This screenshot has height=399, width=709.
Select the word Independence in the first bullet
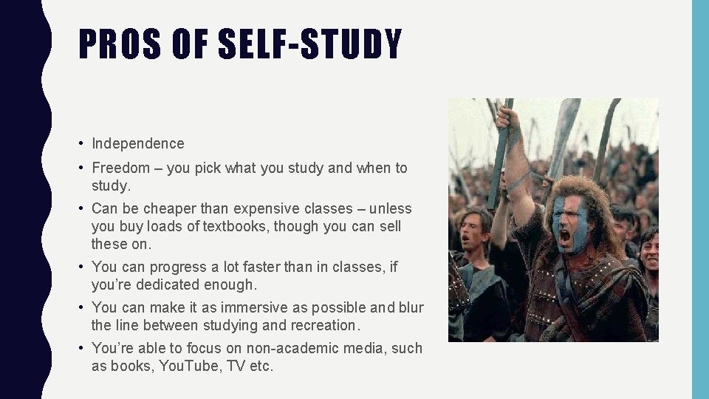[x=138, y=143]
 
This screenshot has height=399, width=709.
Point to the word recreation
[x=322, y=325]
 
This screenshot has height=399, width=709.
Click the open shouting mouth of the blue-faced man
[x=566, y=237]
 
